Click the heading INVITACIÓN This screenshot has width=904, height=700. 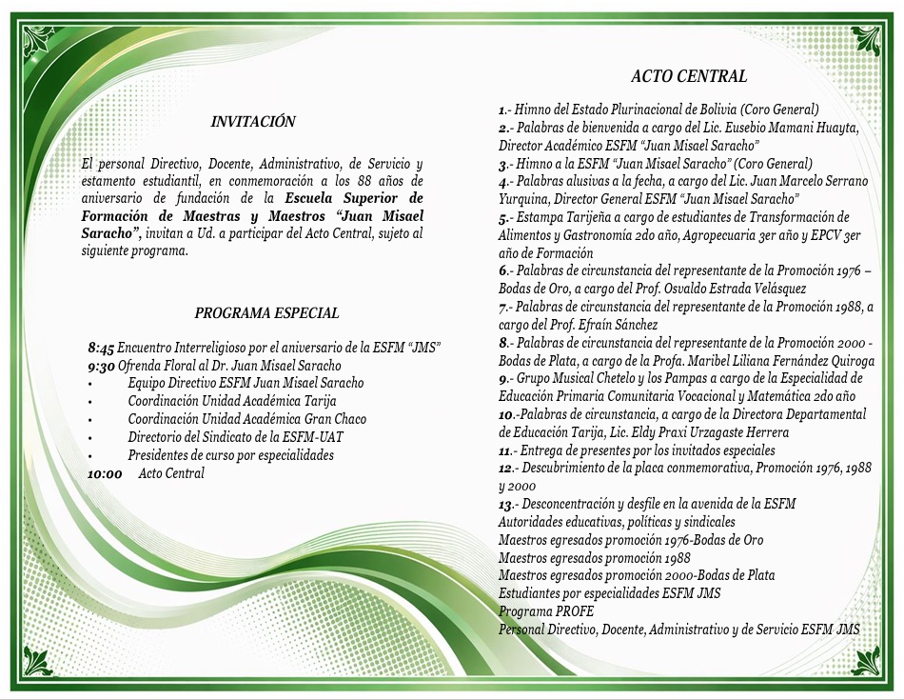point(253,122)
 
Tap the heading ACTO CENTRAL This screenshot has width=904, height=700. point(689,76)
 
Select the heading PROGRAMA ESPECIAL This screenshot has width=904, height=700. point(266,312)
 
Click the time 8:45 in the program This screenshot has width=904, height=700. point(101,348)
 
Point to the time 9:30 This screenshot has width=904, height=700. point(101,366)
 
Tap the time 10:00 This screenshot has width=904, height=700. point(105,473)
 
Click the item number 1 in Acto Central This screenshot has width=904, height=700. point(502,110)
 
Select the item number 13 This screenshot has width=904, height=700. point(506,504)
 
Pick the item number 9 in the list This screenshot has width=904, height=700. point(502,378)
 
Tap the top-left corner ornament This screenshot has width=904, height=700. point(39,40)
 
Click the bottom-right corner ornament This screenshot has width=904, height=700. point(865,660)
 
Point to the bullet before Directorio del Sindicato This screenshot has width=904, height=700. point(88,437)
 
